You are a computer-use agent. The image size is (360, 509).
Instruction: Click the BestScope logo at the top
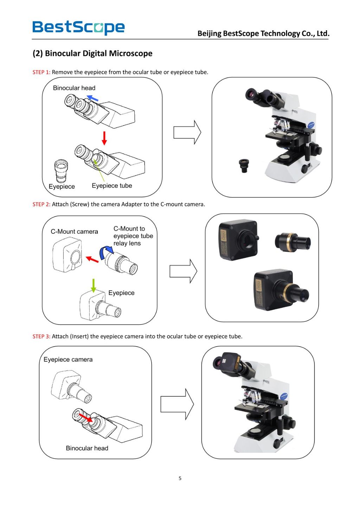pyautogui.click(x=78, y=27)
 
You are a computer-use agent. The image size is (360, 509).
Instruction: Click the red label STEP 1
pyautogui.click(x=41, y=72)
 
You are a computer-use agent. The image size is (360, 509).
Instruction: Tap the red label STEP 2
pyautogui.click(x=41, y=205)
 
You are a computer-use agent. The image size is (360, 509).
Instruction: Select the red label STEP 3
pyautogui.click(x=41, y=337)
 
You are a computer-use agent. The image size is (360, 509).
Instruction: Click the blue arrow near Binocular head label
pyautogui.click(x=92, y=98)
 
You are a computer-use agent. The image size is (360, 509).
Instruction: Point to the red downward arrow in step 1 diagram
pyautogui.click(x=104, y=138)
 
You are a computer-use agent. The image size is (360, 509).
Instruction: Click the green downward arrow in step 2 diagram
pyautogui.click(x=94, y=285)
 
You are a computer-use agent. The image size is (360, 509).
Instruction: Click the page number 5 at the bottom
pyautogui.click(x=180, y=478)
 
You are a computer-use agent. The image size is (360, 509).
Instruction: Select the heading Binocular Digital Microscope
pyautogui.click(x=92, y=53)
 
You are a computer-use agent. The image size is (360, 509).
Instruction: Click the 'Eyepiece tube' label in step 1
pyautogui.click(x=112, y=186)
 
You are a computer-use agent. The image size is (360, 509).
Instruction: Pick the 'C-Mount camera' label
pyautogui.click(x=74, y=232)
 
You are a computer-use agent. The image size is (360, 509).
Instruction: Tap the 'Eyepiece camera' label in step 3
pyautogui.click(x=68, y=360)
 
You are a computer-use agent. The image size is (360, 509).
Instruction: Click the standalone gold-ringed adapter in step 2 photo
pyautogui.click(x=292, y=242)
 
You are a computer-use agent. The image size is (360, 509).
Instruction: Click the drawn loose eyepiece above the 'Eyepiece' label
pyautogui.click(x=61, y=170)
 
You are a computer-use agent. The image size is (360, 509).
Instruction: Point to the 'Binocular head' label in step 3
pyautogui.click(x=87, y=448)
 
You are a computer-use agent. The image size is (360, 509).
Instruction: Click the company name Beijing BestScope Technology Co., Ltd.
pyautogui.click(x=263, y=34)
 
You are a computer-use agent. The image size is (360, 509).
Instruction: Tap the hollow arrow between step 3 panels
pyautogui.click(x=177, y=404)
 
